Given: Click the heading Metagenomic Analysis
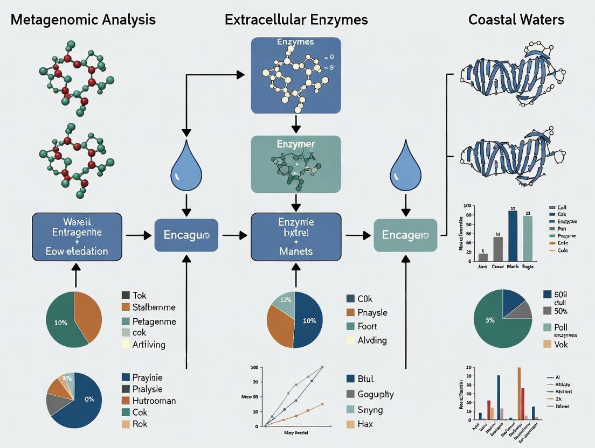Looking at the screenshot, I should point(83,20).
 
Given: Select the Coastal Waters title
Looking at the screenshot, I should point(516,20).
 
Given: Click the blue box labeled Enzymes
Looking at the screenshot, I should point(296,71).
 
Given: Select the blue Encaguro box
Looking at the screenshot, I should point(186,235).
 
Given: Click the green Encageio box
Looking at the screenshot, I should point(405,235).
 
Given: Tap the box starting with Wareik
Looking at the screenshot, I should point(77,235).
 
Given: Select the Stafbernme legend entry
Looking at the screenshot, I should point(153,307).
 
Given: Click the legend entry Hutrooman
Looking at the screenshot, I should point(154,401).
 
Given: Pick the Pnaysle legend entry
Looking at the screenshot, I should point(372,312).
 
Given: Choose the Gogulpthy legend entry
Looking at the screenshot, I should point(376,394).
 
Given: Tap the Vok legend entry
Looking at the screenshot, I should point(561,344).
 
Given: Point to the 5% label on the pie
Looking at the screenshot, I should point(489,320).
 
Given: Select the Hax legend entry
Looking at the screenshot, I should point(365,424).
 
